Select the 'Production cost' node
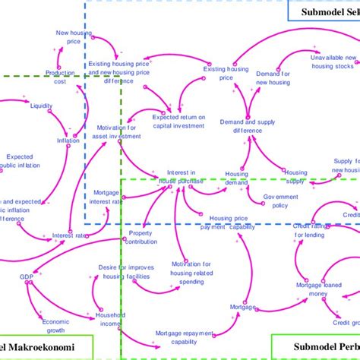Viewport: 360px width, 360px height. click(x=60, y=77)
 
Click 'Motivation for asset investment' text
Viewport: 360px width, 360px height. click(x=112, y=132)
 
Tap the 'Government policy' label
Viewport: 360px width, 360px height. click(x=280, y=201)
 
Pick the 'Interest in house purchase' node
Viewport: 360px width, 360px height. click(x=181, y=177)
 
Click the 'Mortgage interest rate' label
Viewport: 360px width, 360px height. click(x=108, y=197)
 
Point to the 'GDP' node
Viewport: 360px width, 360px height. click(x=27, y=276)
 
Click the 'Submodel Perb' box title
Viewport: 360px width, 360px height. click(x=315, y=346)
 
